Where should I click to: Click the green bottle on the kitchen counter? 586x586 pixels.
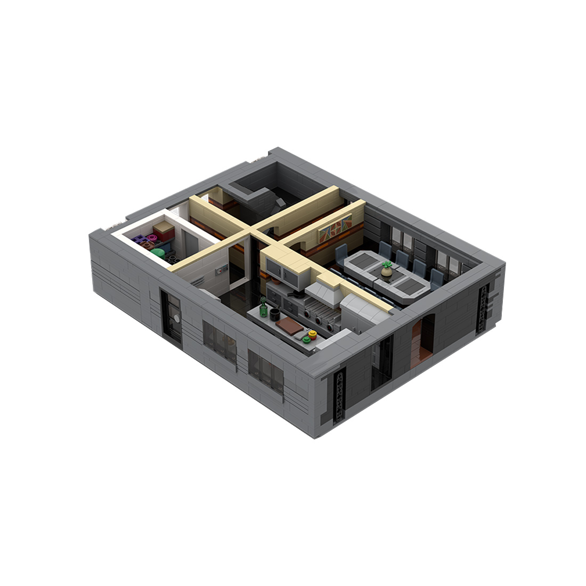coord(263,308)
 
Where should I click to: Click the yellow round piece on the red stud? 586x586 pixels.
coord(312,335)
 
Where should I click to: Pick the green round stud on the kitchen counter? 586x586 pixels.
coord(306,339)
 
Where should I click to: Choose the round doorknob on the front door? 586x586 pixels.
coord(176,319)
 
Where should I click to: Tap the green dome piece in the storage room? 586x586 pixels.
coord(158,253)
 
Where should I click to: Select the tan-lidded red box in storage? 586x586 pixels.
coord(164,231)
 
